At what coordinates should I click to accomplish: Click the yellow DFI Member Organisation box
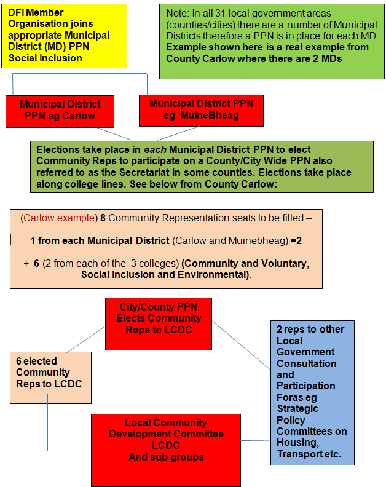pos(65,36)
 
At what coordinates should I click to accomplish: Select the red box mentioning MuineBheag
pos(201,111)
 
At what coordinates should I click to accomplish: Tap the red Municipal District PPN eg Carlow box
pos(60,111)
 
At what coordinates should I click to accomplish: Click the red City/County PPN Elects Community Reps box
pos(159,324)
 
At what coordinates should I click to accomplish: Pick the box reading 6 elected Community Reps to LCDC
pos(50,378)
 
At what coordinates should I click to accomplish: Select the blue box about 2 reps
pos(312,393)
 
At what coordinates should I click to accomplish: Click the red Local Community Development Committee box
pos(166,450)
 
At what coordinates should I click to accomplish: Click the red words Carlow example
pos(59,218)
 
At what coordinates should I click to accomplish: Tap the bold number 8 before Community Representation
pos(103,218)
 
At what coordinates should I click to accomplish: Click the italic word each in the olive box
pos(156,149)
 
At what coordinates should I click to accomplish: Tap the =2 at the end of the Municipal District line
pos(296,240)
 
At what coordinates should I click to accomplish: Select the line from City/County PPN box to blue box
pos(242,346)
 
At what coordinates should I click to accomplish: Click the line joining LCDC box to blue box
pos(256,440)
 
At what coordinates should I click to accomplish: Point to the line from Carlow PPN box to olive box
pos(115,134)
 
